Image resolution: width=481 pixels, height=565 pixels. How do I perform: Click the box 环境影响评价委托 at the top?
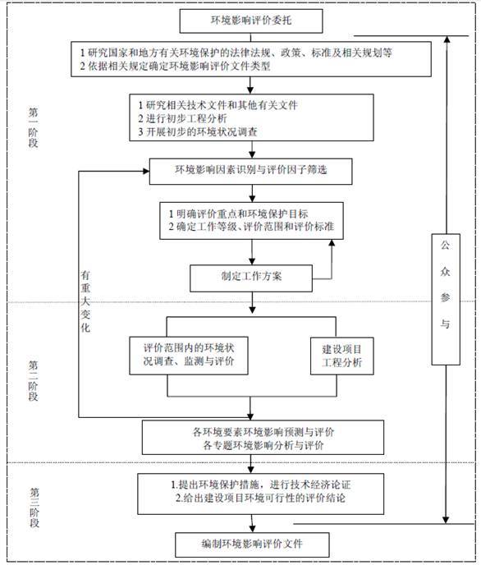(251, 21)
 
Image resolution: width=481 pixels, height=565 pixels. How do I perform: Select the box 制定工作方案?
(251, 278)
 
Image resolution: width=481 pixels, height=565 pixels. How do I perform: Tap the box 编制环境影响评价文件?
(252, 544)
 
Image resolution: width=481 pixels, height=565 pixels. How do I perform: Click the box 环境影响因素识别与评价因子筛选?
(250, 171)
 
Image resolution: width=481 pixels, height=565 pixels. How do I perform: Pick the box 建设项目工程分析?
(342, 356)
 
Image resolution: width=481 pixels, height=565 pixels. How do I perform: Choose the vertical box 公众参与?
(446, 299)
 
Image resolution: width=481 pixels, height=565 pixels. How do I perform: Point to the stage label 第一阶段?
(33, 127)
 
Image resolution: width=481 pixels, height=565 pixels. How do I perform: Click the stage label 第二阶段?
(33, 381)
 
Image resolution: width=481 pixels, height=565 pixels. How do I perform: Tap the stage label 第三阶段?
(34, 508)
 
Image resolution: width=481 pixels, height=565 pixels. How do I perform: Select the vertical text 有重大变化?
(85, 301)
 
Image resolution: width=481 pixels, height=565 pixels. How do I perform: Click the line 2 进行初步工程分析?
(182, 118)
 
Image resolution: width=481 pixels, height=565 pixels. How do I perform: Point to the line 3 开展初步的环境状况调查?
(198, 132)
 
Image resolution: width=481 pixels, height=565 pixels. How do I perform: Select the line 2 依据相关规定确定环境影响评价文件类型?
(175, 66)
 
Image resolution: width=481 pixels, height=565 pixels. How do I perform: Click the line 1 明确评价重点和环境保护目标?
(238, 214)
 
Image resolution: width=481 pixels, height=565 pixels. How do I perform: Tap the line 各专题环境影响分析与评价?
(263, 445)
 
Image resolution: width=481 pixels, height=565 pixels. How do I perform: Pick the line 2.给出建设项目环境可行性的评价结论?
(260, 498)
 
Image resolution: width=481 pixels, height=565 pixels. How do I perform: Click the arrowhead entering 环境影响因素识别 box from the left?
(146, 171)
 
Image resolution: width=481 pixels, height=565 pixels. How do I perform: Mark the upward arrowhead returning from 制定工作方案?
(332, 243)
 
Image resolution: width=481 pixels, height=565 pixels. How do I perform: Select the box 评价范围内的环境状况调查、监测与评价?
(189, 356)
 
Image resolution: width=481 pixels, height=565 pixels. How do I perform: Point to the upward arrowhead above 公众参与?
(447, 39)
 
